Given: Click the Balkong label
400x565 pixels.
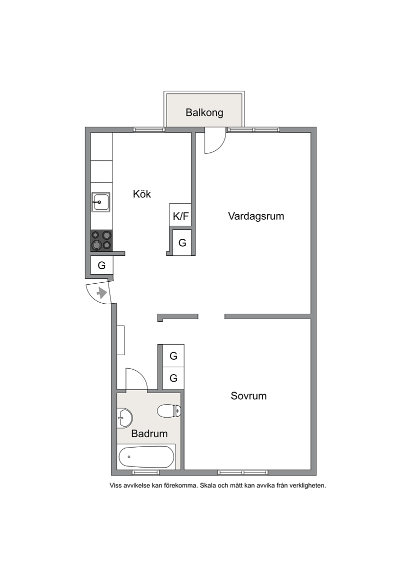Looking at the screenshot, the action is point(204,113).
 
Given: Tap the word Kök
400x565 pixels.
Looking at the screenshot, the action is point(141,194).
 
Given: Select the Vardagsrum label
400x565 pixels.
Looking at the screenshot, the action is point(256,216).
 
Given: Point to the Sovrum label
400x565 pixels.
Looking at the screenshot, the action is point(248,396).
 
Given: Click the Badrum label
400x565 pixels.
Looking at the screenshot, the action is point(149,434).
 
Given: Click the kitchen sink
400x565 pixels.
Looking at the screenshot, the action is point(101,202).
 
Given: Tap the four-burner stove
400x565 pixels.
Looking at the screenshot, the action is point(101,240).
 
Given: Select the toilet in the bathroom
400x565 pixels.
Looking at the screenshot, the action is point(169,411).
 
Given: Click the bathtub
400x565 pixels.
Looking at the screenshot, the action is point(146,457).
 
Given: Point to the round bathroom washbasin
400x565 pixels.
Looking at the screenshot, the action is point(124,418).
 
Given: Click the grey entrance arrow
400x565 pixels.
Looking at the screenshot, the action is point(102,293).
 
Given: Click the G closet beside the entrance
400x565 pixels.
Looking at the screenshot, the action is point(101,266).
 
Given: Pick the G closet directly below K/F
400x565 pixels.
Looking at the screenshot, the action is point(182,242).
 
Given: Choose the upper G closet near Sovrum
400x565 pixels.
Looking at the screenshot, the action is point(173,356).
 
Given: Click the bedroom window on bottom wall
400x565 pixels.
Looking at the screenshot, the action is point(242,473).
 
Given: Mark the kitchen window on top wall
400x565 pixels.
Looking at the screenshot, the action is point(149,130).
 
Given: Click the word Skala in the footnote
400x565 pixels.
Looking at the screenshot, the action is point(208,486).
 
